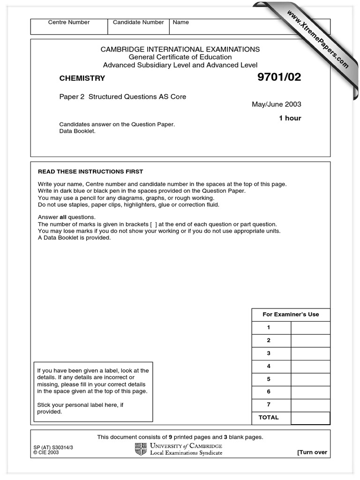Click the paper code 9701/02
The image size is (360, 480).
point(279,78)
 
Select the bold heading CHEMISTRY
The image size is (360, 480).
point(82,78)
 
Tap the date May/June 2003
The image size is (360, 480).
point(277,104)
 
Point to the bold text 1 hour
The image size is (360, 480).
point(290,118)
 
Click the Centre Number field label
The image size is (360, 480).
point(69,22)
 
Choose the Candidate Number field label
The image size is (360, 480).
point(138,22)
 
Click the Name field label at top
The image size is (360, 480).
point(181,22)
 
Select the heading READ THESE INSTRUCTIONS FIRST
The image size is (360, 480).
point(90,172)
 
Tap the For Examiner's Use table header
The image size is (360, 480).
point(291,315)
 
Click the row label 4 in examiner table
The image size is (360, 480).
point(269,366)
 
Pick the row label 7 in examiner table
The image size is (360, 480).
point(269,405)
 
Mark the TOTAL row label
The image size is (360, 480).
point(269,417)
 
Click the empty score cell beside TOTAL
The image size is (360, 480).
point(310,418)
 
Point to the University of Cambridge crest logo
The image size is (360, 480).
point(141,449)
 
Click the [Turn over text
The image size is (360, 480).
point(312,452)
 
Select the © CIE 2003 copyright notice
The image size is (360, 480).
point(47,453)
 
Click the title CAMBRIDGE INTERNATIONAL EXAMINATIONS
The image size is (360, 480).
point(180,49)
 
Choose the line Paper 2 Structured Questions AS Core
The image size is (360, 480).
point(122,97)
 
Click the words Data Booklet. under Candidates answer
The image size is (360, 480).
point(77,131)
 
